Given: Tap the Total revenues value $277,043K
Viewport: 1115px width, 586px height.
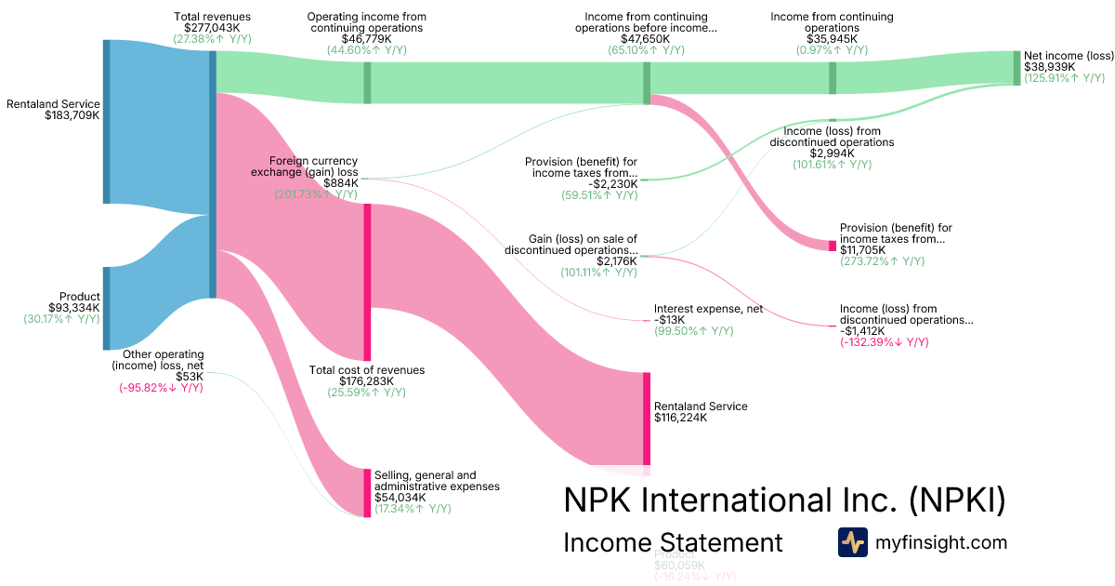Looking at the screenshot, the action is (x=212, y=29).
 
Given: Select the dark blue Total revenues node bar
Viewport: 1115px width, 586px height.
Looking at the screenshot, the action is (x=213, y=174).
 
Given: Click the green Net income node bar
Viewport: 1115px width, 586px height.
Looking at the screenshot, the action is (x=1017, y=68).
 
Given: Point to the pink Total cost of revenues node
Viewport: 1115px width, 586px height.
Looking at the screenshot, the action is (x=367, y=282).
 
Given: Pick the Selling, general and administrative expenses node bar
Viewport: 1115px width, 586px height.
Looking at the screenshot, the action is (x=367, y=492).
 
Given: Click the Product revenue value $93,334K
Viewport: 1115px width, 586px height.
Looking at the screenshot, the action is (x=73, y=308).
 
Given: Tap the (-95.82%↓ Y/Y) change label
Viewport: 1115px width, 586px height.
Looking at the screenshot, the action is (x=161, y=388).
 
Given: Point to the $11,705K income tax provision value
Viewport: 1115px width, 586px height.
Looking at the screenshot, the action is (x=862, y=250).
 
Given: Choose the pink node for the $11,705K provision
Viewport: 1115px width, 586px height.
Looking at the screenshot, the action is (x=833, y=246).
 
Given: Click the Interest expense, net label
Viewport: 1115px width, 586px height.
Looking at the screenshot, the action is (x=708, y=309).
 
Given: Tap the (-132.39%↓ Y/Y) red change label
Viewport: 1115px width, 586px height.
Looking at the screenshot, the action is (x=884, y=342).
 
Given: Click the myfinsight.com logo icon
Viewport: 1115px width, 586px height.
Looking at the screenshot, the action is (x=852, y=542).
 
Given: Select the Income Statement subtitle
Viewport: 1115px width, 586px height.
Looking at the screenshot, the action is (x=673, y=542).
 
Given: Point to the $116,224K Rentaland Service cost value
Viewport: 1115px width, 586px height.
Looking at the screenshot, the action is (x=680, y=418).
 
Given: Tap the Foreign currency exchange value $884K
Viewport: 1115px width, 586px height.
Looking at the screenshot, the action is (x=340, y=183).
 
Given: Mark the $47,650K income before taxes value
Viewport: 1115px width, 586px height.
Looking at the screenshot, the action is (x=646, y=40).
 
